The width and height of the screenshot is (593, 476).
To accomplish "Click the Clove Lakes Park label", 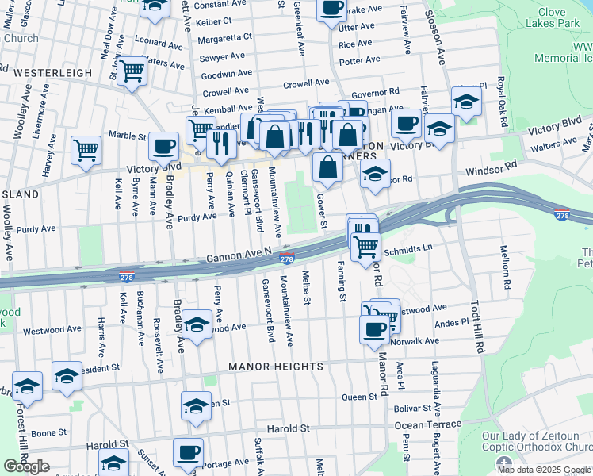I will click(x=563, y=19).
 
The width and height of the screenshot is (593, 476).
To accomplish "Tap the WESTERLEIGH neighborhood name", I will click(x=53, y=72).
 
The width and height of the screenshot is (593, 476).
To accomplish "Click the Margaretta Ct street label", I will click(x=225, y=36).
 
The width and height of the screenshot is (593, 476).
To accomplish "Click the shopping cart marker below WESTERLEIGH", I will click(x=132, y=71).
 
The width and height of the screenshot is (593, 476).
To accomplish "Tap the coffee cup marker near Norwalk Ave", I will click(x=374, y=328).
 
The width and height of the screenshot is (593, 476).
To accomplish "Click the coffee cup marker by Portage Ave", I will click(x=188, y=451).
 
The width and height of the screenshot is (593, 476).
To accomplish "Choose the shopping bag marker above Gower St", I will click(x=327, y=167).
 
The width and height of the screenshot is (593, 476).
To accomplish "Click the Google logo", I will click(x=26, y=466).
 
